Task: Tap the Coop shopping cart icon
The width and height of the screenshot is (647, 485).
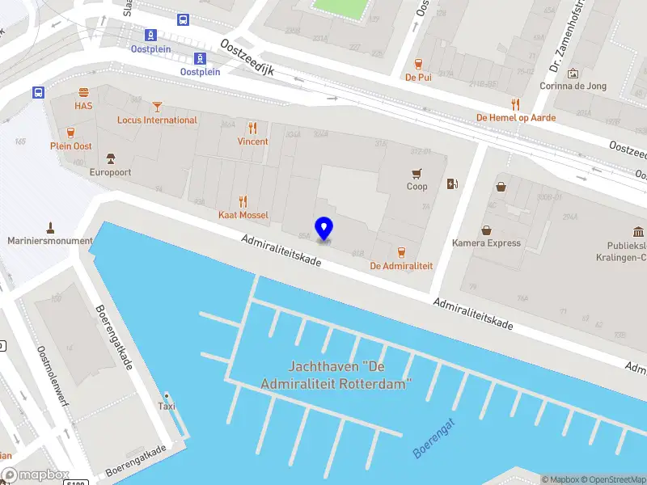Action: [x=417, y=172]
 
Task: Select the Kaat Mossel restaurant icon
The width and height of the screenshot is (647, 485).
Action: [x=243, y=201]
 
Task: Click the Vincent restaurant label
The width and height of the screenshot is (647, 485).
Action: [x=252, y=141]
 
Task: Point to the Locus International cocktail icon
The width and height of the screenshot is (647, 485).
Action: [x=157, y=106]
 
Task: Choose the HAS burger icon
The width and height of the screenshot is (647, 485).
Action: [x=83, y=92]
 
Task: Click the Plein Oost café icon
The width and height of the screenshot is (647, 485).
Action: [x=71, y=133]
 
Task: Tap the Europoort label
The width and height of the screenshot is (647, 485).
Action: [x=110, y=172]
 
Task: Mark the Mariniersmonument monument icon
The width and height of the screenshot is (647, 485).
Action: [x=50, y=227]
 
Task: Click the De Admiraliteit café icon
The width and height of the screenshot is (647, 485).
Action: [x=401, y=251]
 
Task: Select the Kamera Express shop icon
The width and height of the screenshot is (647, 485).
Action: [x=486, y=230]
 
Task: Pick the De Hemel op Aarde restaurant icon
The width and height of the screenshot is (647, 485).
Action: [x=515, y=103]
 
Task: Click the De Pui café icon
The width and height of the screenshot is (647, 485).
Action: [x=418, y=64]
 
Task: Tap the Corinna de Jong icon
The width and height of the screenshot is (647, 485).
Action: [x=573, y=74]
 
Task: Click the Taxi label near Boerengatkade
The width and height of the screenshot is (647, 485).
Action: [x=166, y=407]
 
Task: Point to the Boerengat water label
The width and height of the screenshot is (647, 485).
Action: [x=434, y=438]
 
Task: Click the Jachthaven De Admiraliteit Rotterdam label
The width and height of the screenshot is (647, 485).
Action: [x=336, y=375]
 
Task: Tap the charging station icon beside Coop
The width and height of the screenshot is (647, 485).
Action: [x=451, y=184]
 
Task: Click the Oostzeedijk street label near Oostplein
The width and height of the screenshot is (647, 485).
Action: [x=247, y=58]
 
